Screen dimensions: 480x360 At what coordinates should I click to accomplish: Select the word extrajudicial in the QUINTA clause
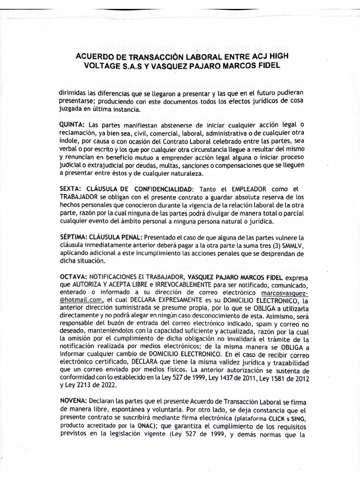click(x=108, y=165)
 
